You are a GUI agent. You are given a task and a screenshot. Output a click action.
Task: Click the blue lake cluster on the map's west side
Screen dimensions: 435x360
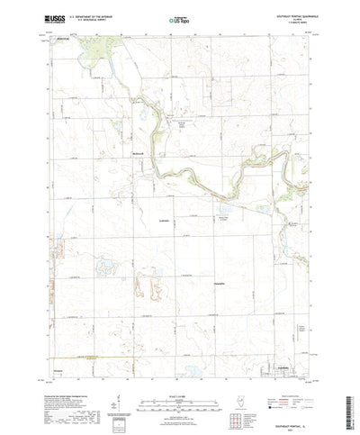pos(106,267)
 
